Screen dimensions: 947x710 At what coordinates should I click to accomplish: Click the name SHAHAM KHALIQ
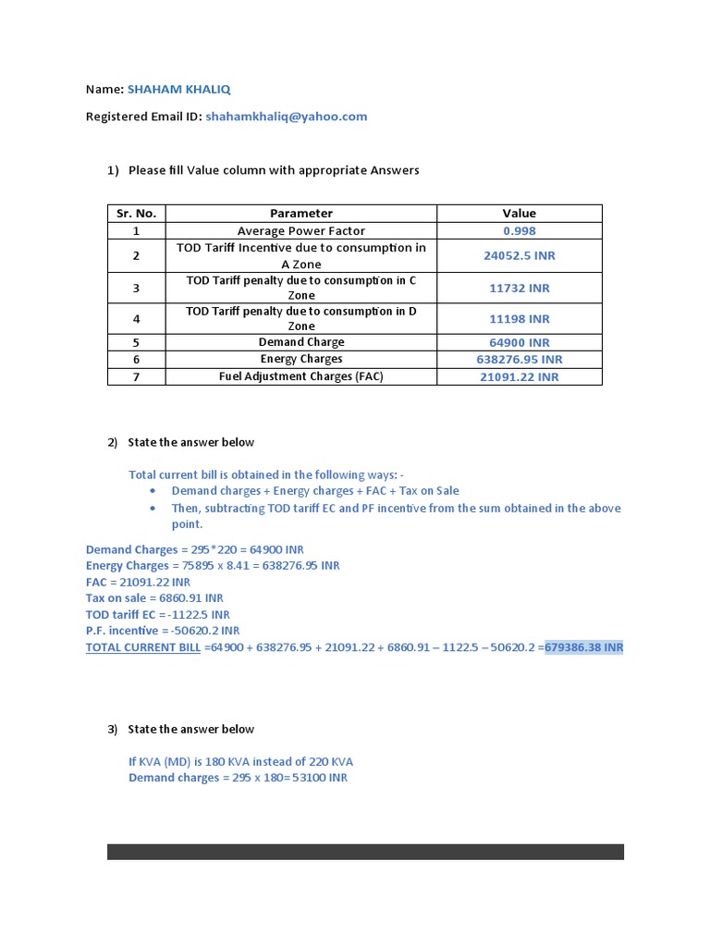point(179,90)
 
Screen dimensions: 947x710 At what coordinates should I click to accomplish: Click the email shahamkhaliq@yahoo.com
point(287,117)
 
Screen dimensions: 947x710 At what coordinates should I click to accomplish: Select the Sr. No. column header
point(136,214)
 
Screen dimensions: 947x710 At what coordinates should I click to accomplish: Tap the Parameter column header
point(301,214)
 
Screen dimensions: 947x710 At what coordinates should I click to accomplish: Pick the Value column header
point(519,214)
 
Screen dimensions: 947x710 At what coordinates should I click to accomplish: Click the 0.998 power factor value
point(519,231)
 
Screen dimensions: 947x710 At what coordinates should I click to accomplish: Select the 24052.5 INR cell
point(519,256)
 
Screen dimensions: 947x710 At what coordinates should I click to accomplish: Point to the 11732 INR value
point(519,288)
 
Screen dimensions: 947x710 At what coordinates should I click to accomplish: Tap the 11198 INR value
point(519,319)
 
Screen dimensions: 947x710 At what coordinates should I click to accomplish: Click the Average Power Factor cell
point(301,231)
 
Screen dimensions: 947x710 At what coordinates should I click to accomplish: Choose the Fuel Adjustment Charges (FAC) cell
point(301,376)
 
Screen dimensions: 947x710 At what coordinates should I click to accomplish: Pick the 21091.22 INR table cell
point(519,376)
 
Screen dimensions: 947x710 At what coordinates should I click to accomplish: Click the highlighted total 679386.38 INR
point(584,647)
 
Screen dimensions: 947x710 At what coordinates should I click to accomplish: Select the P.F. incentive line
point(163,631)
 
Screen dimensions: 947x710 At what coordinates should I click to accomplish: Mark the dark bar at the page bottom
point(365,851)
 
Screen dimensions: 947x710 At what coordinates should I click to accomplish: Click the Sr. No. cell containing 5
point(136,342)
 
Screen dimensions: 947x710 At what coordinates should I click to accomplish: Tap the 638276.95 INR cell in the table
point(519,359)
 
